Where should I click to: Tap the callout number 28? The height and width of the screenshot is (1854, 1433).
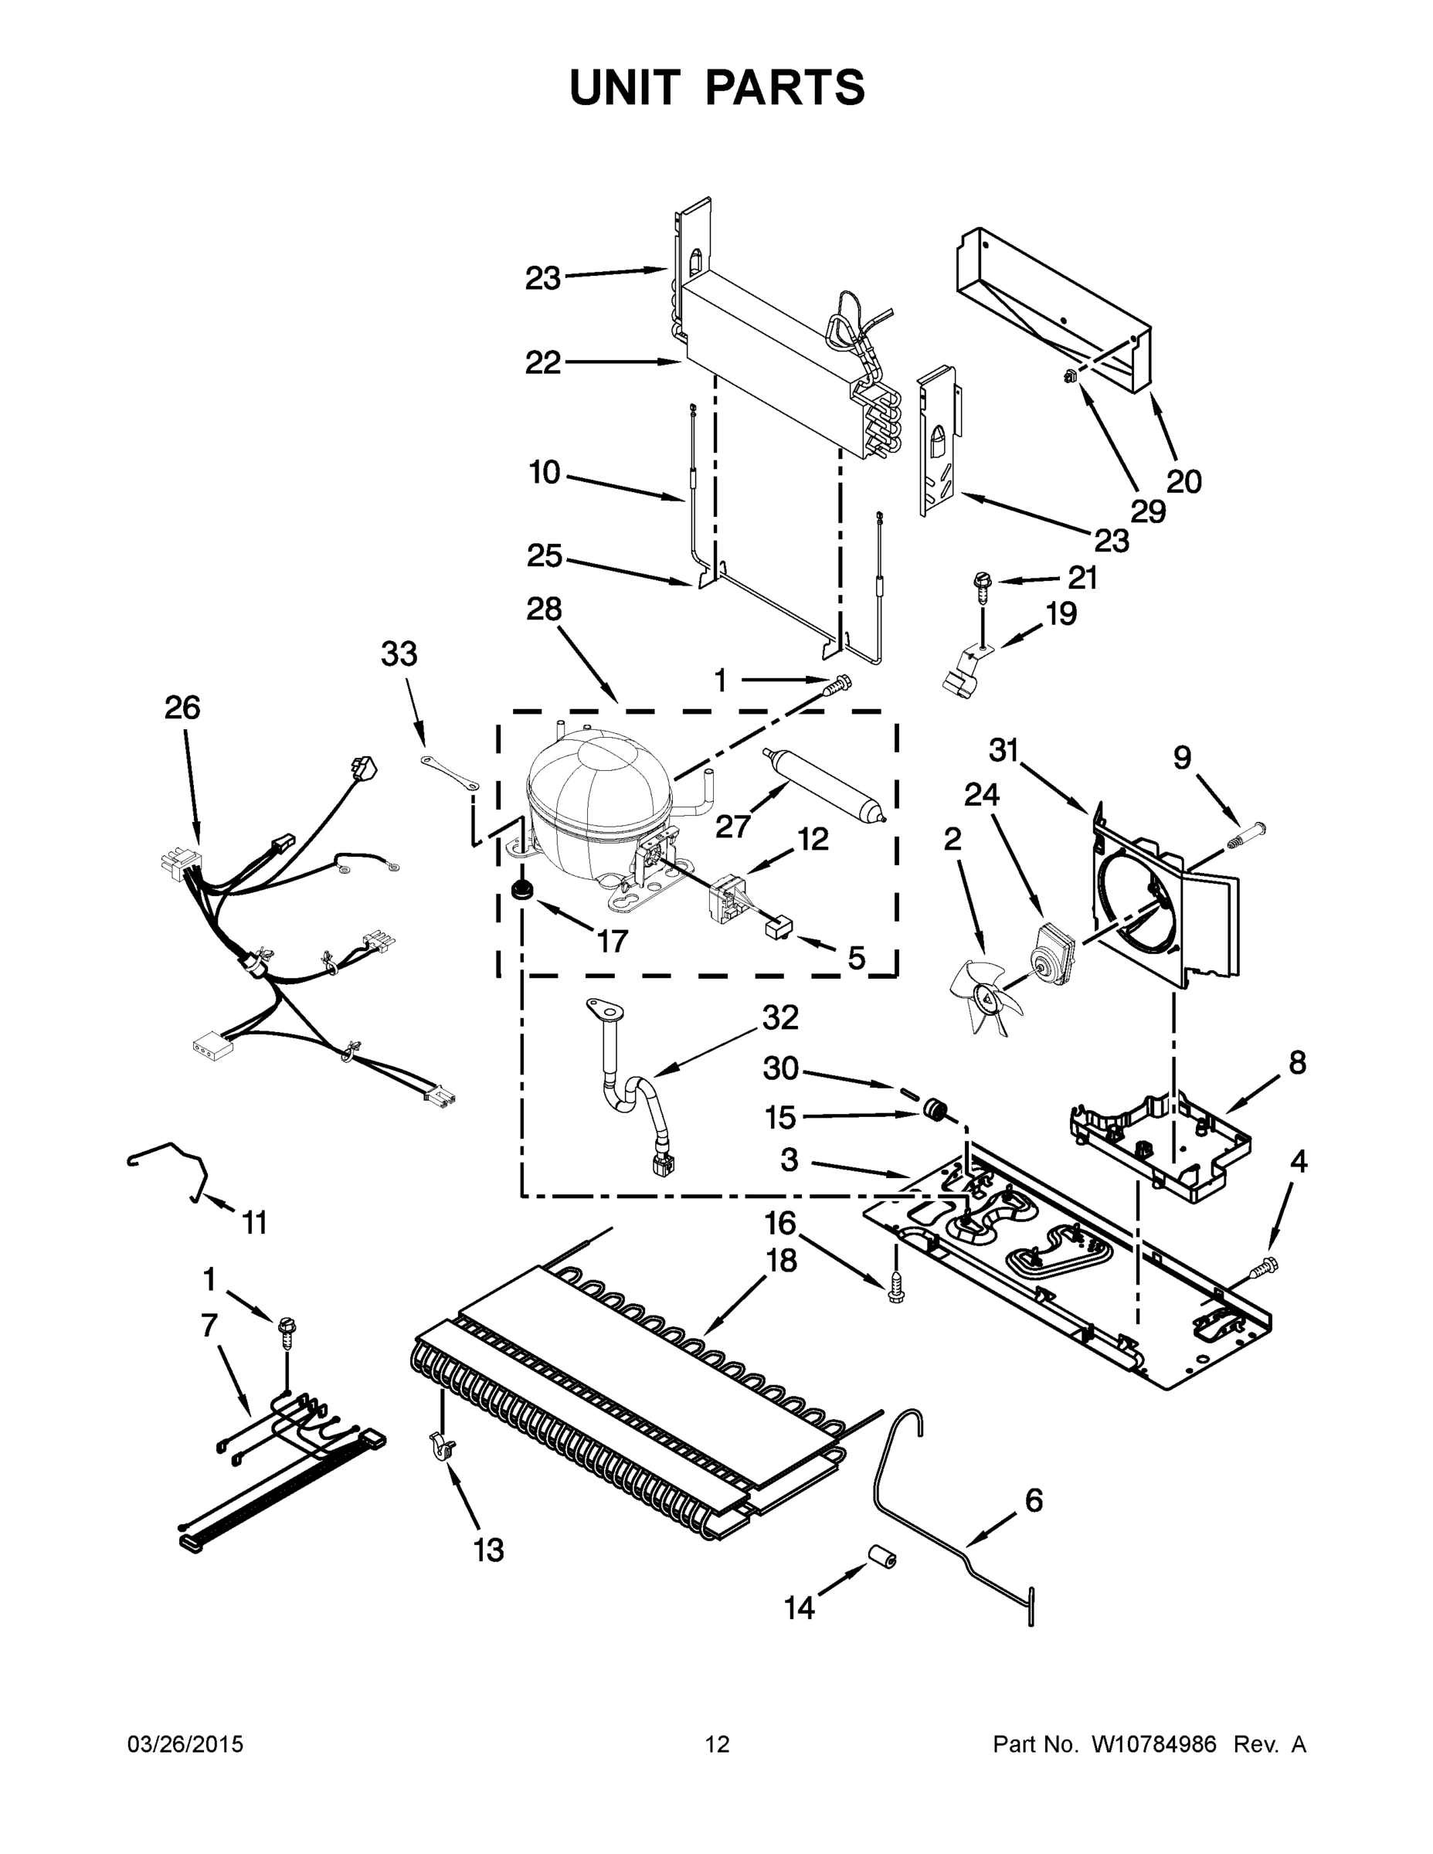[x=543, y=609]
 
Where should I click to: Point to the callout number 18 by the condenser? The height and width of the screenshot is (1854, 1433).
[x=781, y=1285]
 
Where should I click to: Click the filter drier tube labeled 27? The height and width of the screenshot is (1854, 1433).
[x=823, y=781]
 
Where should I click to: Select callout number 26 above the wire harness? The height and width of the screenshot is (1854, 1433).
[x=182, y=707]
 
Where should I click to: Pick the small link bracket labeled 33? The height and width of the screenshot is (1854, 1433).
[x=449, y=773]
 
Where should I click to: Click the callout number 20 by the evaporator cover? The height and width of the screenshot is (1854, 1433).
[x=1183, y=481]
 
